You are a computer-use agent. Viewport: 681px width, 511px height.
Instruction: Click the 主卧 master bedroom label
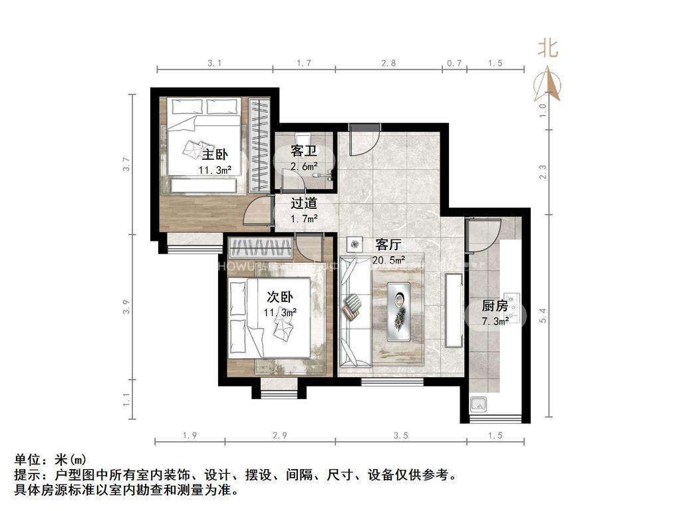214,155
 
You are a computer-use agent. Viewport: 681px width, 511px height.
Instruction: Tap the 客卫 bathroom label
303,152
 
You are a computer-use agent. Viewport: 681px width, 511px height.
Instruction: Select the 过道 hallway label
303,203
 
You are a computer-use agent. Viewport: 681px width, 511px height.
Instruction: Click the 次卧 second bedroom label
280,297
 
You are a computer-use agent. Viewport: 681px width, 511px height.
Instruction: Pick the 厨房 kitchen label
495,307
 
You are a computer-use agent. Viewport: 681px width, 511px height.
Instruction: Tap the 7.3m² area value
495,321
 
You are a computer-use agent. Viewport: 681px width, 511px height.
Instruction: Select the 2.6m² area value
303,166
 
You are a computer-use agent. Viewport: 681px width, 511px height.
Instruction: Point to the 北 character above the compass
548,48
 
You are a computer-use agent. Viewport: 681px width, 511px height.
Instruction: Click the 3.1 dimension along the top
214,63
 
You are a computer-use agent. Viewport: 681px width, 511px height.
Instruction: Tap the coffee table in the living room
399,311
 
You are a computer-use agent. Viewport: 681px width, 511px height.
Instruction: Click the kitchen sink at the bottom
477,403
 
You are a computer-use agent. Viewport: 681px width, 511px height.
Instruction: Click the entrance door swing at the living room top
364,142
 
